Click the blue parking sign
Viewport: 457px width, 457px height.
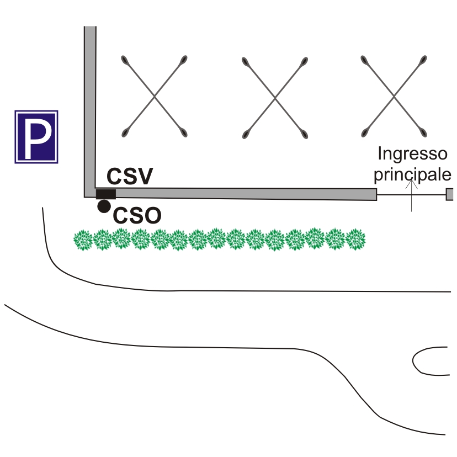(x=36, y=136)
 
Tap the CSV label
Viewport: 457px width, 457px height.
(x=129, y=177)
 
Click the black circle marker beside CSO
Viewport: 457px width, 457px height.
(x=103, y=207)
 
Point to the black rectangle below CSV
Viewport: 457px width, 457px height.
(x=105, y=194)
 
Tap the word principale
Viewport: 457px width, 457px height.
(x=412, y=174)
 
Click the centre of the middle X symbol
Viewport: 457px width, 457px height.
(x=275, y=96)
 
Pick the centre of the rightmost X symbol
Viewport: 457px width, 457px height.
(x=394, y=96)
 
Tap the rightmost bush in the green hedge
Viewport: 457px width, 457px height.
(x=355, y=238)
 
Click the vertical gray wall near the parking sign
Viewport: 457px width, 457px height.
(x=90, y=110)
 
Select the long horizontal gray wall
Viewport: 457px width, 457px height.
(x=243, y=193)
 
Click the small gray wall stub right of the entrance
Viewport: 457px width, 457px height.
(x=450, y=194)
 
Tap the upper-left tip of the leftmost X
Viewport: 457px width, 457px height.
(x=125, y=59)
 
